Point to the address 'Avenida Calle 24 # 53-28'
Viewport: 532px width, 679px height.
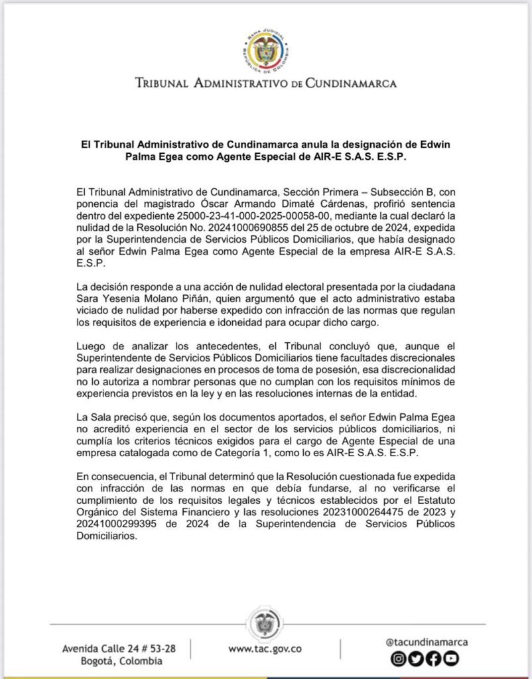[x=119, y=648]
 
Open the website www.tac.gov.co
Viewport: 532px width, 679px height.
[x=265, y=650]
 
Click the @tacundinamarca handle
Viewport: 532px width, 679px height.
[x=427, y=641]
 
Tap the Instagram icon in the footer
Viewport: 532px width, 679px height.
[x=398, y=658]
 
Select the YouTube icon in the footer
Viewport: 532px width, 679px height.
[x=451, y=658]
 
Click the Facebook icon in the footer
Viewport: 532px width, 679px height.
[x=433, y=658]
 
